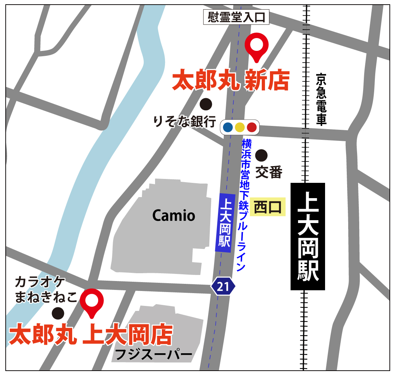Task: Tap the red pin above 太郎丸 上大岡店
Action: pyautogui.click(x=91, y=301)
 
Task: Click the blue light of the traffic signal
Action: pyautogui.click(x=228, y=127)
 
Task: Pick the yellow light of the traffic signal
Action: pyautogui.click(x=240, y=127)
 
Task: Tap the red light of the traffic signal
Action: pyautogui.click(x=251, y=127)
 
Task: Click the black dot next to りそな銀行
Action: pyautogui.click(x=206, y=104)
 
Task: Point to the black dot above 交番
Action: pyautogui.click(x=261, y=155)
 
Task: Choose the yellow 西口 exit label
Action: pyautogui.click(x=268, y=207)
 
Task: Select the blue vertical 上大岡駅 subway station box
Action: pyautogui.click(x=225, y=223)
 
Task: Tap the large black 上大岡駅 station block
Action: pyautogui.click(x=308, y=236)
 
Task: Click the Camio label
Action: pyautogui.click(x=174, y=215)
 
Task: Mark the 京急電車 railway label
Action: pyautogui.click(x=321, y=100)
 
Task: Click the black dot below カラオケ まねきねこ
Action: pyautogui.click(x=58, y=313)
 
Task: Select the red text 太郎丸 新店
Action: pyautogui.click(x=230, y=81)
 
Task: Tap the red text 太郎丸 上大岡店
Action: pyautogui.click(x=91, y=335)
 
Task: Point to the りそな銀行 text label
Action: pyautogui.click(x=185, y=122)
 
